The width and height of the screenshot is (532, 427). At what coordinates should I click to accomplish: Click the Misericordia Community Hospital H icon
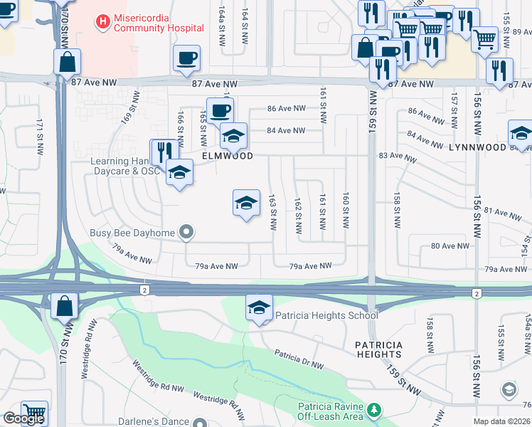click(103, 22)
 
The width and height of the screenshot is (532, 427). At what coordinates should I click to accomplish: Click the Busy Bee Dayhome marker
click(186, 232)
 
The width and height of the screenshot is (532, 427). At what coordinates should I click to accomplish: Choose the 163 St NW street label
click(272, 212)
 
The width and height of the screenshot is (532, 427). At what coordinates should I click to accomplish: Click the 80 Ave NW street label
click(450, 246)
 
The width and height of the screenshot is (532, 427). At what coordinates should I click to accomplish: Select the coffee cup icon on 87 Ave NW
click(187, 58)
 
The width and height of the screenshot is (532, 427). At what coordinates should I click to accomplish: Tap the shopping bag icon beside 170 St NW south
click(64, 307)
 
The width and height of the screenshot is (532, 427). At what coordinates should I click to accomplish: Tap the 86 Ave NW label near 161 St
click(286, 109)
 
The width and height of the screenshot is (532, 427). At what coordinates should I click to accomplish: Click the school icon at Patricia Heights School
click(259, 308)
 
